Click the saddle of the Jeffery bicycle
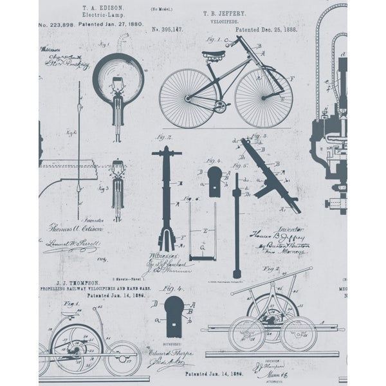(x=213, y=55)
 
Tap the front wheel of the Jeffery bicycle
(x=264, y=98)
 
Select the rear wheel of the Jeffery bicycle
(x=188, y=98)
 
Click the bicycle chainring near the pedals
(x=221, y=106)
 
